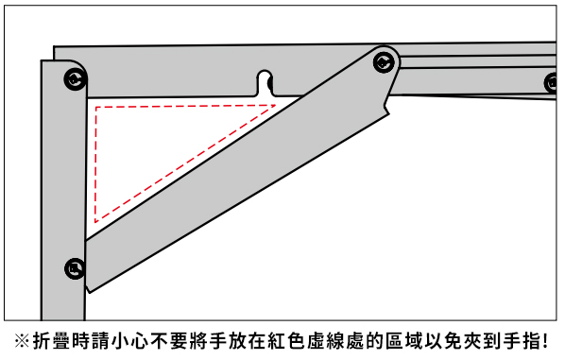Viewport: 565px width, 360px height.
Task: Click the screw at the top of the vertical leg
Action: [76, 79]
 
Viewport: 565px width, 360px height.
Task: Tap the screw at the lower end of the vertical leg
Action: [75, 268]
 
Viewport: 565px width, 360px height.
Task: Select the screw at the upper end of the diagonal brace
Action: [384, 62]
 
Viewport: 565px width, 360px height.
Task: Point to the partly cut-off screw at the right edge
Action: [552, 83]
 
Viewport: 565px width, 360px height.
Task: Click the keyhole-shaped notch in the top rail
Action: [265, 82]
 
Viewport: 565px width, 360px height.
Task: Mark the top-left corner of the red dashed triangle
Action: [95, 107]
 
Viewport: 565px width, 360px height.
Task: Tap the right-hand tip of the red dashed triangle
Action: [276, 106]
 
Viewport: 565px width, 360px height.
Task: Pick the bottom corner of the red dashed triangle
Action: [95, 222]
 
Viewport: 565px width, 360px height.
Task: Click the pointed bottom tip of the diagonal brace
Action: [89, 292]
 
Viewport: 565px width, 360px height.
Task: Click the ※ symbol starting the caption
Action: [23, 341]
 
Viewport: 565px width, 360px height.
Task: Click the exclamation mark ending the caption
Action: [545, 341]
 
